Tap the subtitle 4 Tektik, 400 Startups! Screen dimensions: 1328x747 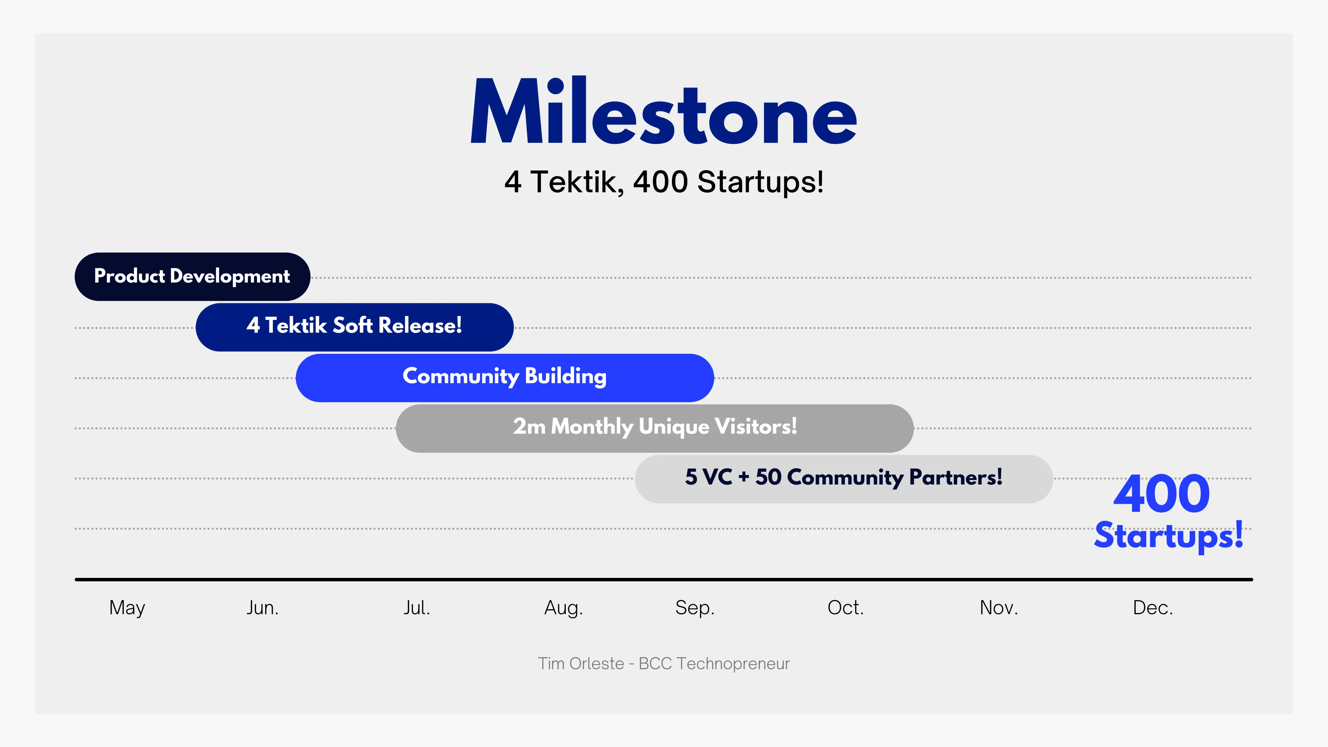click(x=664, y=182)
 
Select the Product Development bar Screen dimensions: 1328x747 click(x=192, y=276)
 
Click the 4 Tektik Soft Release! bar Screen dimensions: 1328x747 click(x=355, y=327)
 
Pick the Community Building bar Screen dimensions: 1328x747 click(x=505, y=377)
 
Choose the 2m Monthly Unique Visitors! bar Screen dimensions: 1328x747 click(x=655, y=428)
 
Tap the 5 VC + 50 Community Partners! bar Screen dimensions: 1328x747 click(x=844, y=478)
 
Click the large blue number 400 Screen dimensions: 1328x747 click(x=1162, y=494)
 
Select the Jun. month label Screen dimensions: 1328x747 click(x=262, y=607)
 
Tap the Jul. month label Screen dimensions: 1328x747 click(x=416, y=607)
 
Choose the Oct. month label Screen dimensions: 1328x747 click(x=846, y=607)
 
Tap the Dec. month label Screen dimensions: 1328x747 click(x=1153, y=607)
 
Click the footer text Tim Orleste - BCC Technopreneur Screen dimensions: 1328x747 click(x=664, y=664)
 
